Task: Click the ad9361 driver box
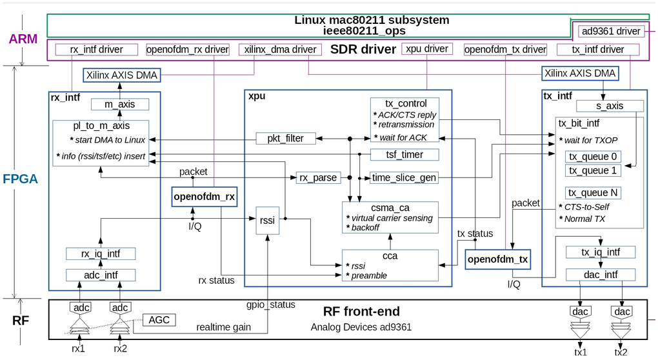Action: click(610, 31)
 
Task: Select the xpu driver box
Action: click(427, 48)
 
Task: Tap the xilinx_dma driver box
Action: click(280, 50)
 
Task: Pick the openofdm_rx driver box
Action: click(188, 50)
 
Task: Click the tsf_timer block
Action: click(404, 155)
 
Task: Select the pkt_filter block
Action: click(286, 139)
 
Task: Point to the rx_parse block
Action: click(318, 178)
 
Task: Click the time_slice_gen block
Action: click(404, 178)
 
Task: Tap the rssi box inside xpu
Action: click(267, 220)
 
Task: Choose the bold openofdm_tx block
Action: click(498, 259)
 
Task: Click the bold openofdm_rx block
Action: click(204, 197)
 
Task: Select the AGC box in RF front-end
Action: click(159, 320)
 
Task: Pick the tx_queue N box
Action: click(593, 193)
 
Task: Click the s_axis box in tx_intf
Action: click(610, 106)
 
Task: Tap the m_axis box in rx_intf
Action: click(120, 104)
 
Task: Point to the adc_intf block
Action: click(101, 275)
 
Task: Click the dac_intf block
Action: click(601, 275)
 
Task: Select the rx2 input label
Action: click(121, 348)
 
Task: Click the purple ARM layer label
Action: click(23, 39)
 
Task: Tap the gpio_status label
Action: click(271, 305)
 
